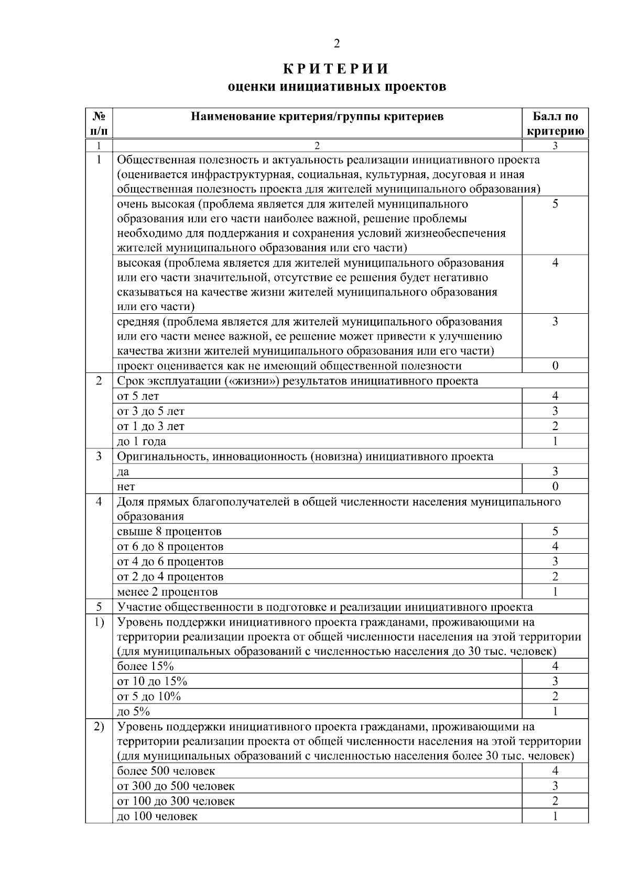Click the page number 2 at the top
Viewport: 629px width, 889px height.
pyautogui.click(x=337, y=43)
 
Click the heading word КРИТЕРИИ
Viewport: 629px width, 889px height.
pyautogui.click(x=337, y=69)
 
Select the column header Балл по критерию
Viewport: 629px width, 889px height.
pyautogui.click(x=555, y=124)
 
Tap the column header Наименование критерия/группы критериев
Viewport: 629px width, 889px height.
pyautogui.click(x=317, y=116)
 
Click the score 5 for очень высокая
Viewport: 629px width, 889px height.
pyautogui.click(x=555, y=204)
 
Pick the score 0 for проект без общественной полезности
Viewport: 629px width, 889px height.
pyautogui.click(x=555, y=366)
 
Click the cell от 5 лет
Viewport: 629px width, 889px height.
pyautogui.click(x=138, y=396)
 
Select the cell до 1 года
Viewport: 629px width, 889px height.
pyautogui.click(x=142, y=441)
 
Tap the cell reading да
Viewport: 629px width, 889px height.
pyautogui.click(x=123, y=471)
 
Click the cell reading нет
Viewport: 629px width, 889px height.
pyautogui.click(x=126, y=487)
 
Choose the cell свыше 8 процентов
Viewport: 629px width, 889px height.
pyautogui.click(x=169, y=531)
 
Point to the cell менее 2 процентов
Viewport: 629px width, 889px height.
pyautogui.click(x=167, y=592)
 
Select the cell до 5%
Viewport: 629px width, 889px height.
pyautogui.click(x=134, y=711)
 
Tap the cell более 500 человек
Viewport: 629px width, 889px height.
pyautogui.click(x=166, y=771)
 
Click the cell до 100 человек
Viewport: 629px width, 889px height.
pyautogui.click(x=157, y=816)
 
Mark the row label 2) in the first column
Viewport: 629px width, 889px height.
pyautogui.click(x=99, y=727)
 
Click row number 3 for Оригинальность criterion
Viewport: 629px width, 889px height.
pyautogui.click(x=99, y=456)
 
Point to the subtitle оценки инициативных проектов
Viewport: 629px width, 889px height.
pyautogui.click(x=337, y=86)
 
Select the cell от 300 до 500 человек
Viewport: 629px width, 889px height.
pyautogui.click(x=176, y=786)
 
